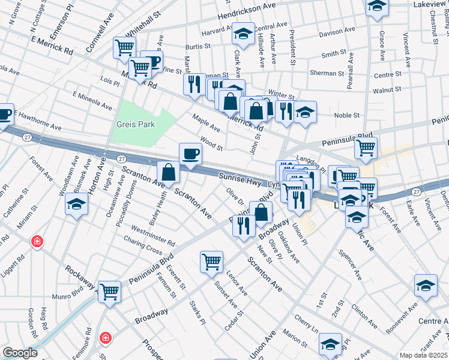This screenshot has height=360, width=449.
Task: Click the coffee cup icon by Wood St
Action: (x=191, y=153)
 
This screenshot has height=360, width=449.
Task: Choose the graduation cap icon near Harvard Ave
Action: (x=243, y=34)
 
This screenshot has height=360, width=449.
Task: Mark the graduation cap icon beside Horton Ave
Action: (x=76, y=204)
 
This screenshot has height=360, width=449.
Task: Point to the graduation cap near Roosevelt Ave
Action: (x=426, y=285)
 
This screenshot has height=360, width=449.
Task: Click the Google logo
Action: (x=20, y=353)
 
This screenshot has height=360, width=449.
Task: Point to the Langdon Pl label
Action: (x=310, y=163)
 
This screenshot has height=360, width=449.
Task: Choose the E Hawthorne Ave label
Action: (x=38, y=121)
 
